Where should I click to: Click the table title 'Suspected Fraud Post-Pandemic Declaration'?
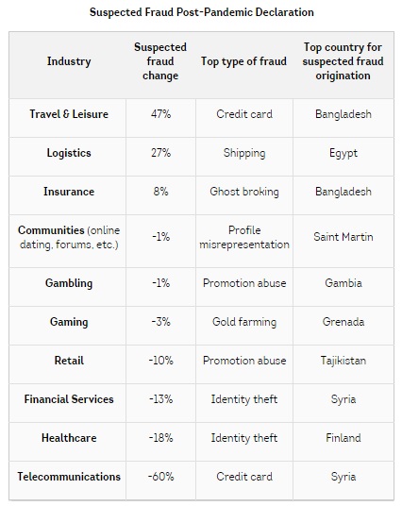coord(202,12)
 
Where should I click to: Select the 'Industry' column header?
coord(69,61)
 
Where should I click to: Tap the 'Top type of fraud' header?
coord(243,61)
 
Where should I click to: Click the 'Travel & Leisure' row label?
coord(69,114)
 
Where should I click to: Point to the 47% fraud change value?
coord(160,114)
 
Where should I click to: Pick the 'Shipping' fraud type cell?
coord(244,153)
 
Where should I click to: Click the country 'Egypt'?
coord(343,153)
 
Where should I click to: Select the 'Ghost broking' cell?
coord(244,192)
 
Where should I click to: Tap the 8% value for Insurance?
coord(160,192)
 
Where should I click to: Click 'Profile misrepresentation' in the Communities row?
coord(244,238)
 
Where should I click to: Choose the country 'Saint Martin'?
coord(343,237)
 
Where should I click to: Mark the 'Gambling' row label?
coord(69,283)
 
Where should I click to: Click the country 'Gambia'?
coord(343,283)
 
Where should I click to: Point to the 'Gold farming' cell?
coord(244,322)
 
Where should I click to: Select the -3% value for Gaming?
coord(160,322)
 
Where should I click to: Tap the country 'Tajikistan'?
coord(343,361)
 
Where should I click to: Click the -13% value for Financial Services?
coord(160,399)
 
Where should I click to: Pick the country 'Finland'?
coord(343,438)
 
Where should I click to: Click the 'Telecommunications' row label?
coord(69,477)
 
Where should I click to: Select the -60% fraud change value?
coord(160,477)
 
